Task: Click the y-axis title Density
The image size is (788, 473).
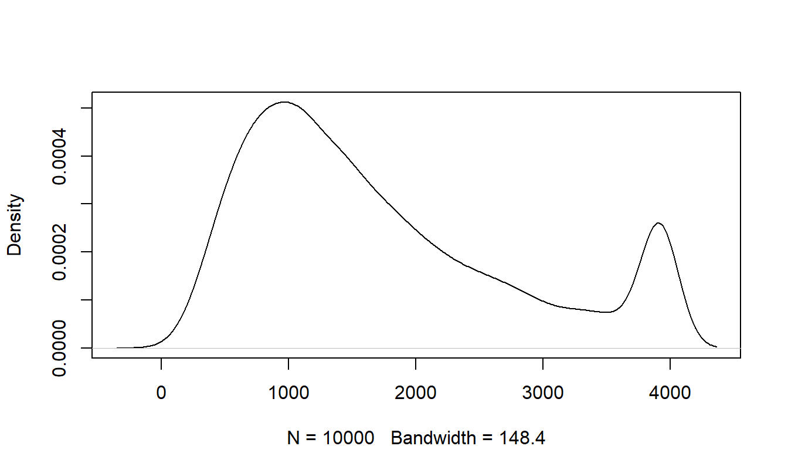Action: [15, 225]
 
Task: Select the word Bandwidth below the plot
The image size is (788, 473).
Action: [433, 438]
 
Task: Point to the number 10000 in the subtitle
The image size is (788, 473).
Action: [348, 438]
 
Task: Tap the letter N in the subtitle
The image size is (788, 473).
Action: [293, 438]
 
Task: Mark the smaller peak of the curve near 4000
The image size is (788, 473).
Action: [658, 223]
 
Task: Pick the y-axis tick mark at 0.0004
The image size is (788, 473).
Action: [87, 156]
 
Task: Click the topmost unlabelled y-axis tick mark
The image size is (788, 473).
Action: [87, 108]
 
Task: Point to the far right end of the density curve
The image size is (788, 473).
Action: [716, 347]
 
